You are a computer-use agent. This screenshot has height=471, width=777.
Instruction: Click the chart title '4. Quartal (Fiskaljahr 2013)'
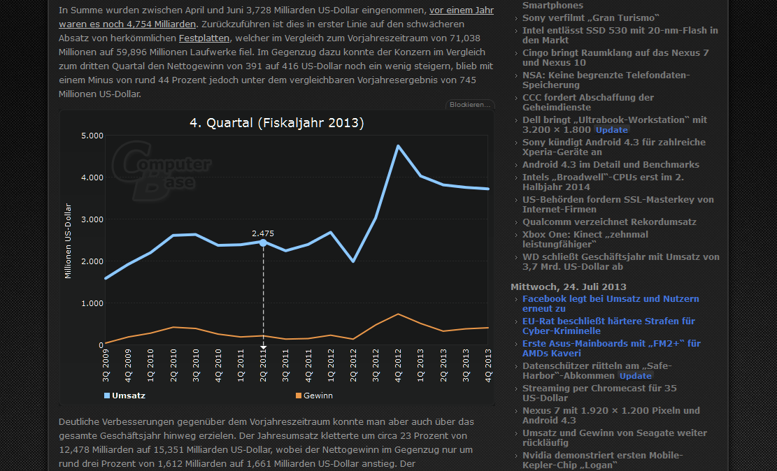pyautogui.click(x=277, y=123)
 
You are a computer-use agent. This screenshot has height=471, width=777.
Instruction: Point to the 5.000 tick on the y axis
pyautogui.click(x=92, y=136)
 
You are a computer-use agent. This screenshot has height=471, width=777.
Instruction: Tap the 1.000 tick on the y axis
pyautogui.click(x=92, y=303)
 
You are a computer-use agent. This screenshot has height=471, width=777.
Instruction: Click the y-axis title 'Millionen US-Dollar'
pyautogui.click(x=69, y=240)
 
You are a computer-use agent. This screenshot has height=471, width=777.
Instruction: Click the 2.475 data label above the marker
pyautogui.click(x=263, y=233)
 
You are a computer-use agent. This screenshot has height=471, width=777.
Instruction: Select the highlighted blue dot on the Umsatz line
pyautogui.click(x=263, y=242)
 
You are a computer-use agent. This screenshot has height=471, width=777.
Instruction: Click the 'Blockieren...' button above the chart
pyautogui.click(x=470, y=105)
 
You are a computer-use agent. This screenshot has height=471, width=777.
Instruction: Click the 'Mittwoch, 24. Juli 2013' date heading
pyautogui.click(x=569, y=287)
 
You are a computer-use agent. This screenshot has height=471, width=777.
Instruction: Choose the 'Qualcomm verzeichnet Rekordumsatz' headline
pyautogui.click(x=609, y=222)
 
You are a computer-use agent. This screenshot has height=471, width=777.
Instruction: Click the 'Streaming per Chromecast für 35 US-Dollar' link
pyautogui.click(x=599, y=393)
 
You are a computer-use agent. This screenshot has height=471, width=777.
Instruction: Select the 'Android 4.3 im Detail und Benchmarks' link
pyautogui.click(x=611, y=164)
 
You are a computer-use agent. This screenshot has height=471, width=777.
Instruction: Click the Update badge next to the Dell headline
pyautogui.click(x=612, y=130)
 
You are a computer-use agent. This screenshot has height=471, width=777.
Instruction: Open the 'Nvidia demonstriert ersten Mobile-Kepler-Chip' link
pyautogui.click(x=602, y=460)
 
